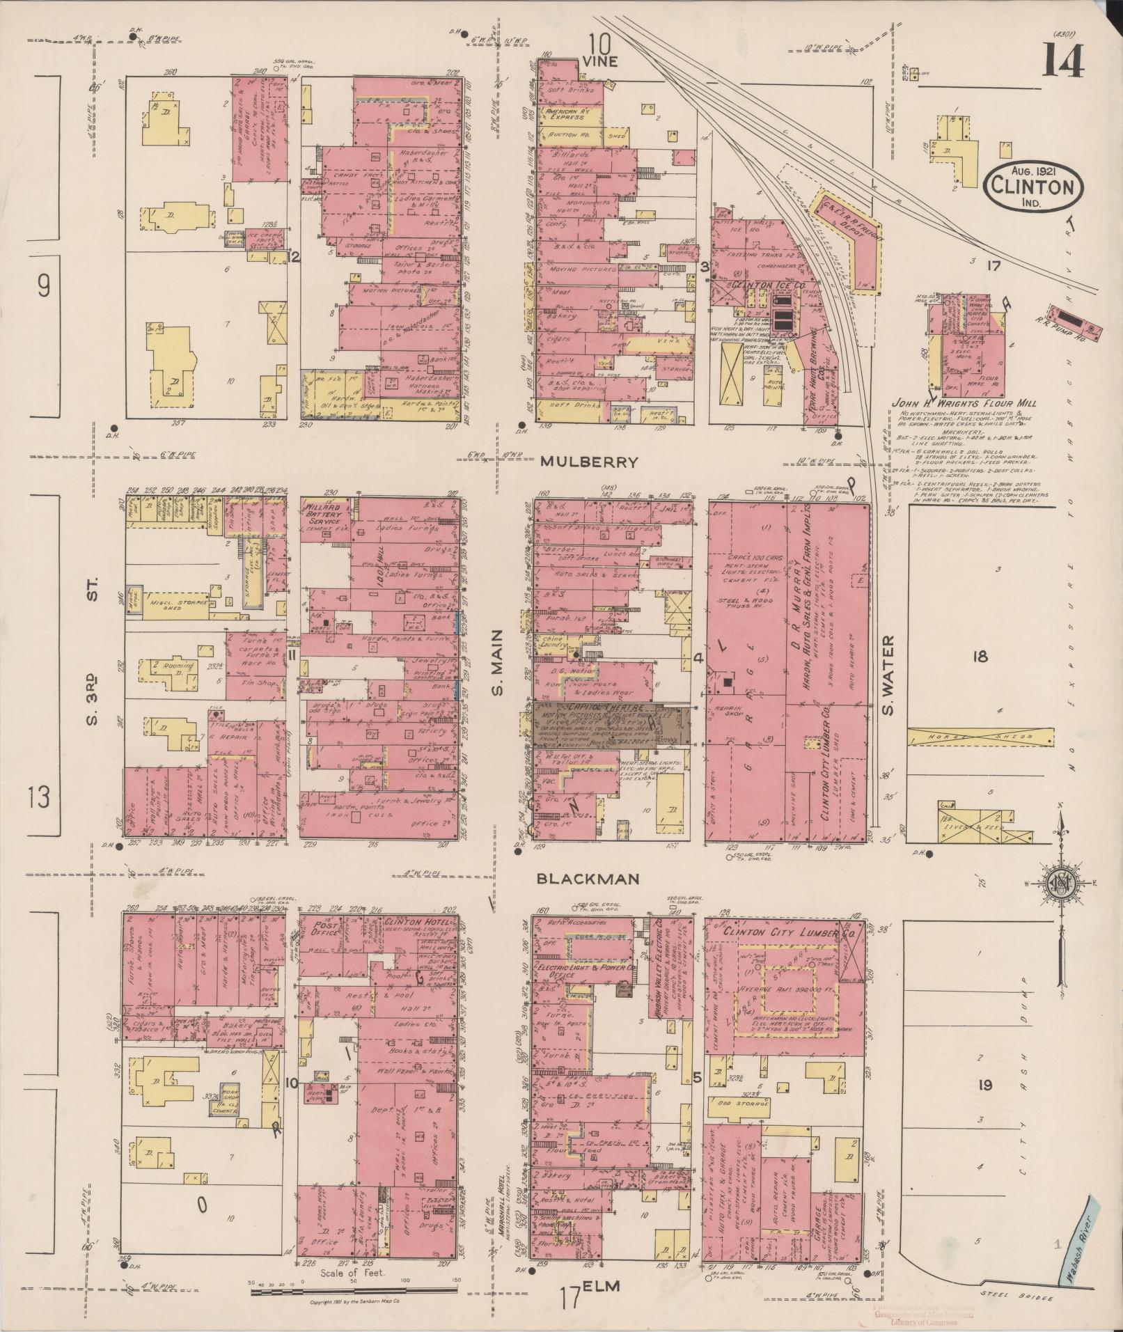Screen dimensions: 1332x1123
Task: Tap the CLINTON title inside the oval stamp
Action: (x=1032, y=187)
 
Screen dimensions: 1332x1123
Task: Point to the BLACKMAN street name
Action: (x=588, y=879)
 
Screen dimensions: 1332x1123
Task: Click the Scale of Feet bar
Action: (x=353, y=1292)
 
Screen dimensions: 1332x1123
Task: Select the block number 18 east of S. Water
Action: (x=980, y=657)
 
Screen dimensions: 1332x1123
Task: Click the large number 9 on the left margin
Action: (x=44, y=288)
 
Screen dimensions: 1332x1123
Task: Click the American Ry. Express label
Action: (x=567, y=114)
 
